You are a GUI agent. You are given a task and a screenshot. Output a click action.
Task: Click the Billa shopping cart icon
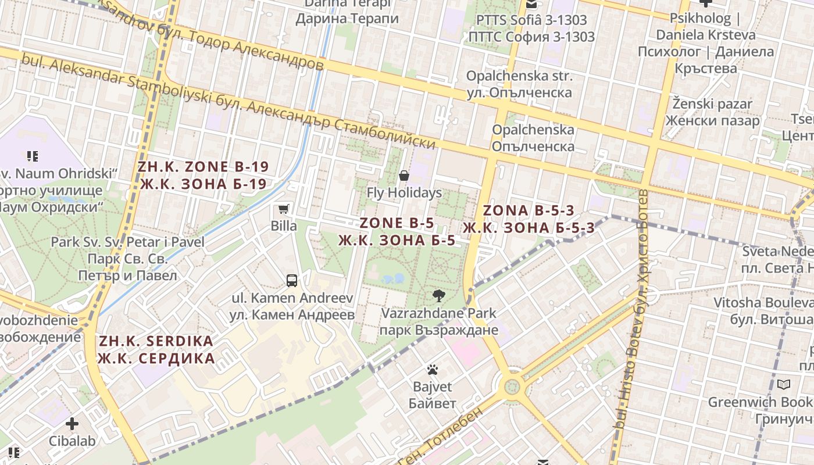pos(284,209)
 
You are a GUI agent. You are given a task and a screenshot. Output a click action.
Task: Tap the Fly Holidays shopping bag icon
pos(404,175)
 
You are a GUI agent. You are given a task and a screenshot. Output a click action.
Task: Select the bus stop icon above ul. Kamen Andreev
pos(292,281)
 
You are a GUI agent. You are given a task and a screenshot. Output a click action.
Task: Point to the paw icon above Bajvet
pos(432,370)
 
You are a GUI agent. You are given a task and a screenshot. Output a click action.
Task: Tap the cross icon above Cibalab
pos(72,424)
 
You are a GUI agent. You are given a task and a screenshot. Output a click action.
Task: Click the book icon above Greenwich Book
pos(784,385)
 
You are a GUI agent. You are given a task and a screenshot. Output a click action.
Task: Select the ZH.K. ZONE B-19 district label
pos(203,176)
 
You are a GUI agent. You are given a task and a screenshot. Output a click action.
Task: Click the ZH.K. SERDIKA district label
pos(156,349)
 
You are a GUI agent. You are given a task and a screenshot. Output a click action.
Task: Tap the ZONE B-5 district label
pos(397,231)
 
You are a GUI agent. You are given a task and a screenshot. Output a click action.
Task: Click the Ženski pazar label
pos(712,112)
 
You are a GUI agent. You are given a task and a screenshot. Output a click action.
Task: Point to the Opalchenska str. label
pos(519,84)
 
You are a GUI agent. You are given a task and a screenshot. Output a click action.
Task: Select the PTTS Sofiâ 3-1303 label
pos(531,28)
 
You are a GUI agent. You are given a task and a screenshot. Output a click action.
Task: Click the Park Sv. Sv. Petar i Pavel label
pos(128,258)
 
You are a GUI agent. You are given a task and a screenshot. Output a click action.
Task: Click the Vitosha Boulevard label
pos(763,310)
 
